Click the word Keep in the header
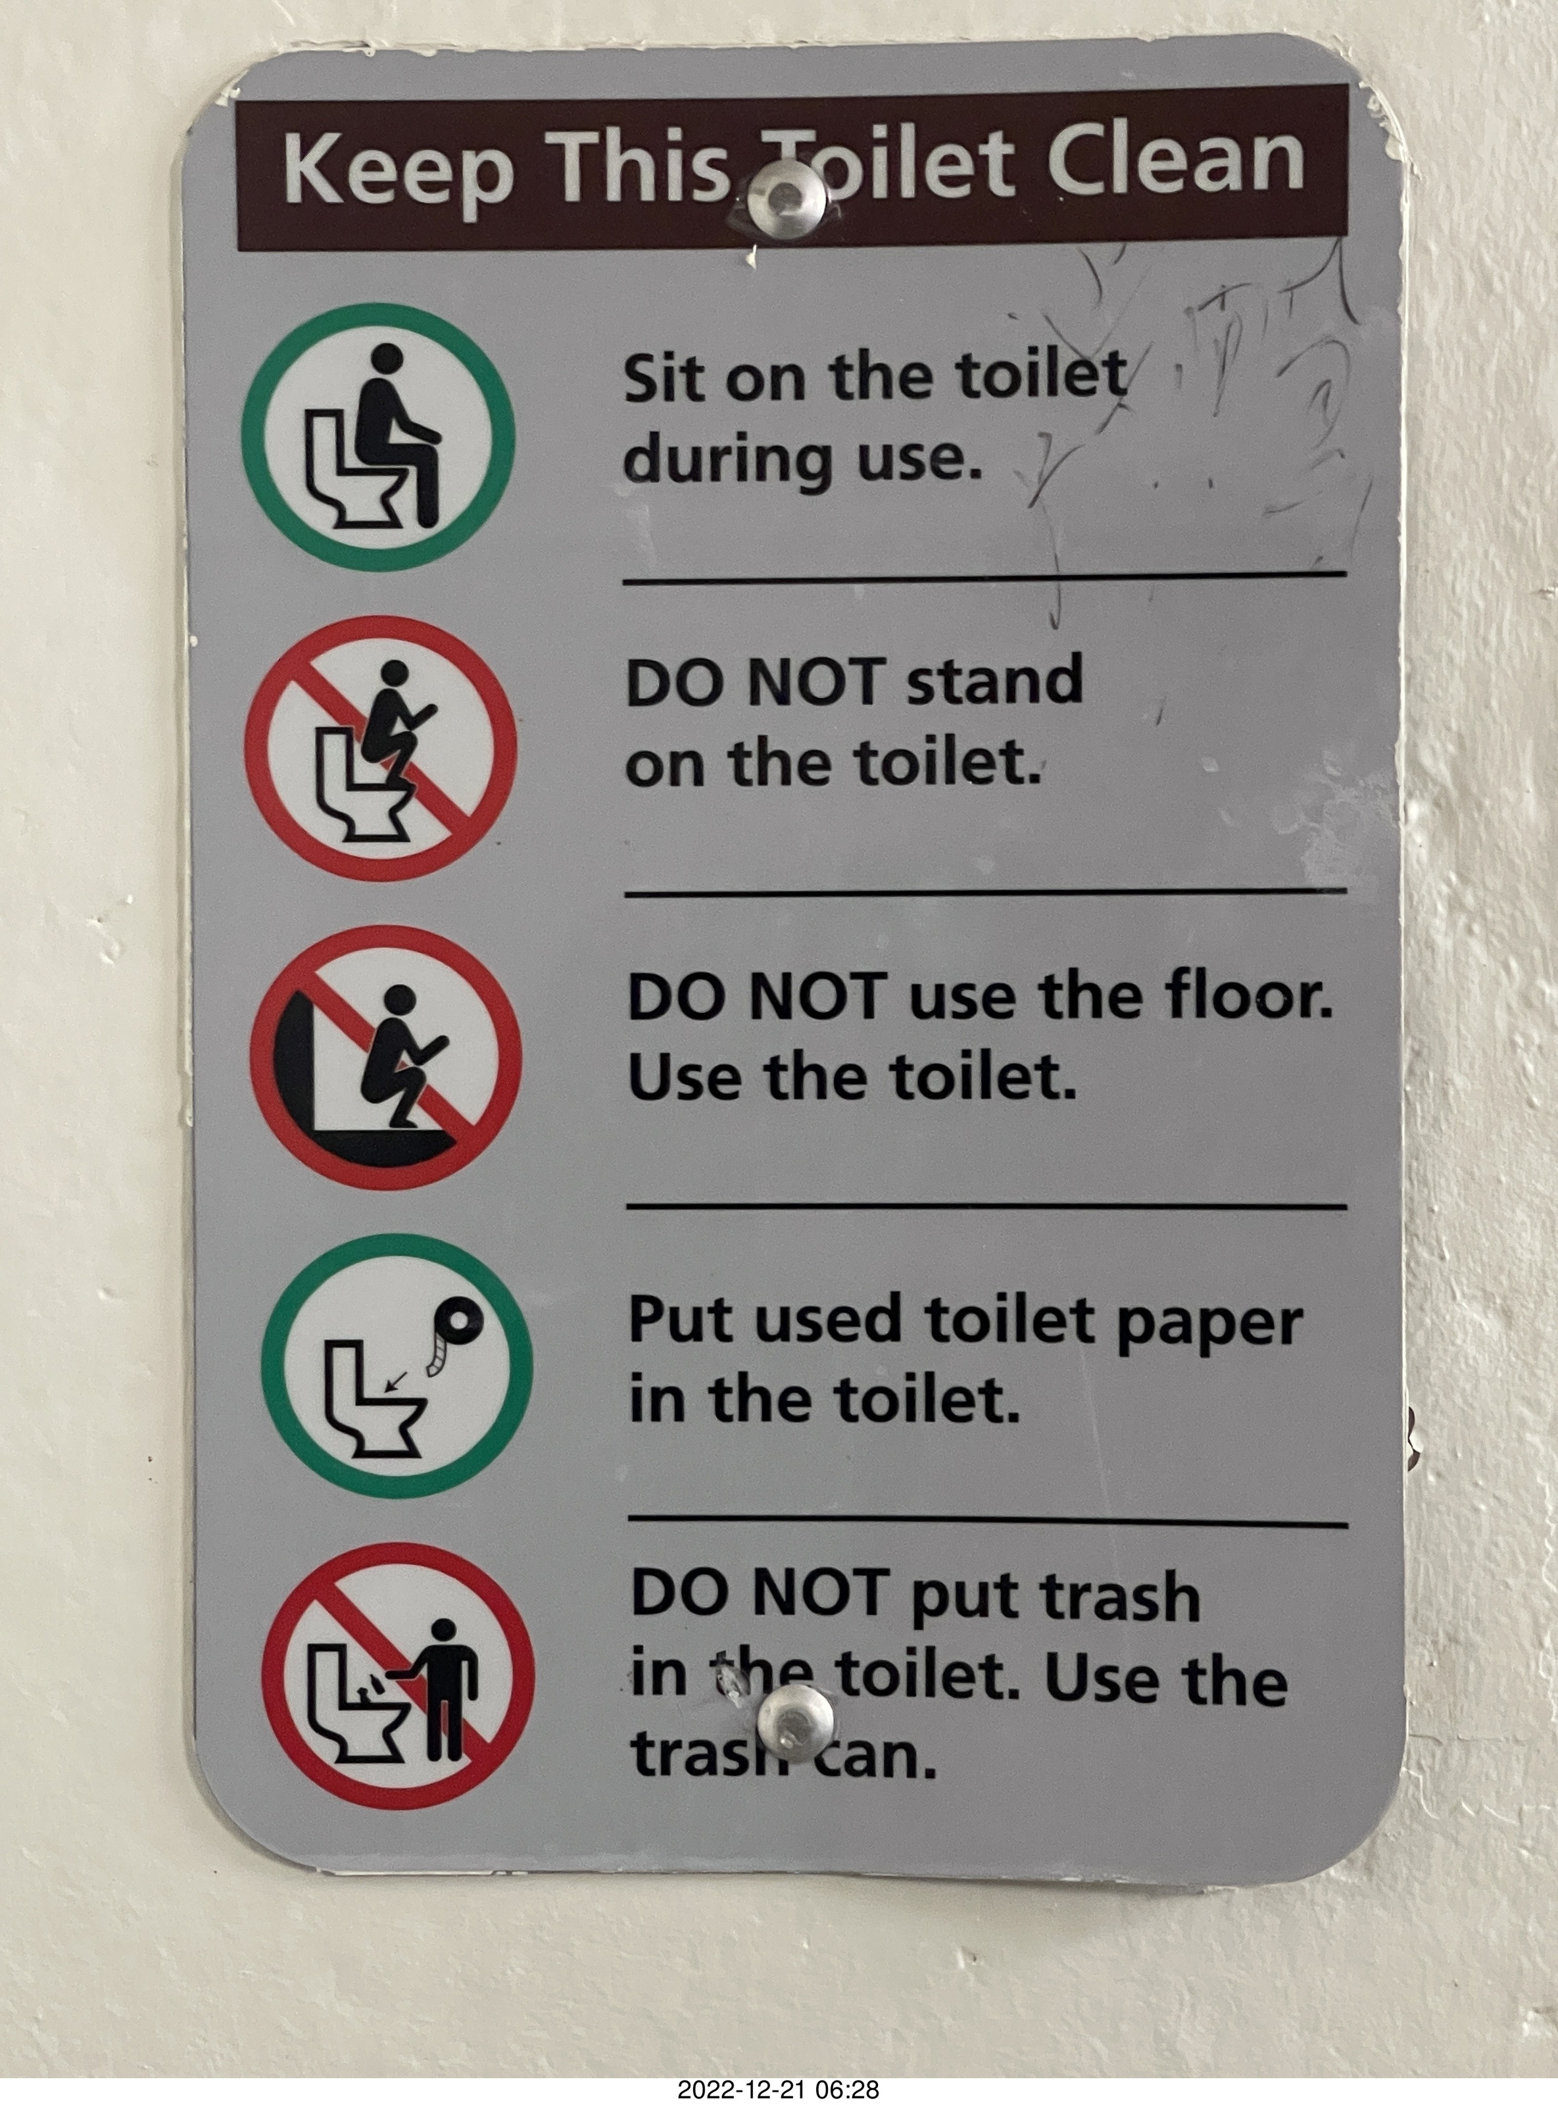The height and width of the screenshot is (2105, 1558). click(398, 170)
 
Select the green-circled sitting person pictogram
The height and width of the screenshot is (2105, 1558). click(379, 437)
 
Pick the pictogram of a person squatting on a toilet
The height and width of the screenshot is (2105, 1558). click(381, 749)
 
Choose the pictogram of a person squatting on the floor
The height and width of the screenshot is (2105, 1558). click(386, 1057)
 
